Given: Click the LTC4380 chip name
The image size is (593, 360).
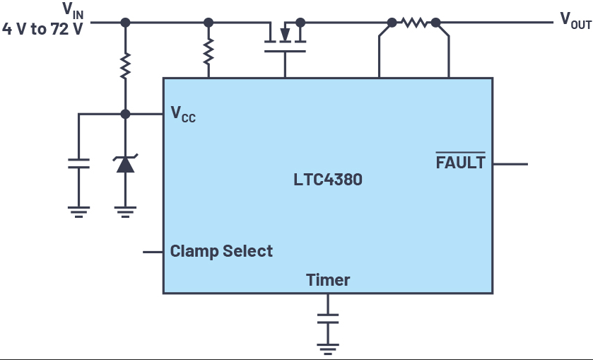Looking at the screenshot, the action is click(328, 180).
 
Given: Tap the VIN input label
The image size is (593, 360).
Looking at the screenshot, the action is click(73, 10).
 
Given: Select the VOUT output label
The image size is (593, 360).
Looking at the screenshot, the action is click(575, 20).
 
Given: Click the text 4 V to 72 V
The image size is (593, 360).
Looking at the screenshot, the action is click(42, 29).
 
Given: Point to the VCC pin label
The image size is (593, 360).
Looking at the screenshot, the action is click(183, 114).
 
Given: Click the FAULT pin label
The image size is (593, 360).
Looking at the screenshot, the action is click(460, 162).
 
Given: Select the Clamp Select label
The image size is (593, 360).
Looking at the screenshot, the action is click(221, 251).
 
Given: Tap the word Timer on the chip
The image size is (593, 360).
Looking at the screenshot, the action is click(328, 280).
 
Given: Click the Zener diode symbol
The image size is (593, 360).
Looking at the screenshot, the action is click(125, 163).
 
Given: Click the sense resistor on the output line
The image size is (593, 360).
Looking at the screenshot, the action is click(414, 23).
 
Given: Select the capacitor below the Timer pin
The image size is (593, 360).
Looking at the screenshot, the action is click(328, 318).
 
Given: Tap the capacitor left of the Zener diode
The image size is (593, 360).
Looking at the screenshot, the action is click(78, 163).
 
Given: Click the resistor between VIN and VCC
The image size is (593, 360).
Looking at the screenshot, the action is click(125, 66).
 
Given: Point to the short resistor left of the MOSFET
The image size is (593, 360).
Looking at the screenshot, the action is click(209, 51).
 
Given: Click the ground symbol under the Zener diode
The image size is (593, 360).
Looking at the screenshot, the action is click(125, 211).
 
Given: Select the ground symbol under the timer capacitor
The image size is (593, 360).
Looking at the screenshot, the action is click(328, 349).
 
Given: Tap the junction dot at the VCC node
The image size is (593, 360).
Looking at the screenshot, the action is click(125, 114).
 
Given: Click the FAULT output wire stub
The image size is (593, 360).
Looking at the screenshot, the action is click(510, 164).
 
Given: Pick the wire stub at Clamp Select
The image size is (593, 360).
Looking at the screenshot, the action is click(153, 252).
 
